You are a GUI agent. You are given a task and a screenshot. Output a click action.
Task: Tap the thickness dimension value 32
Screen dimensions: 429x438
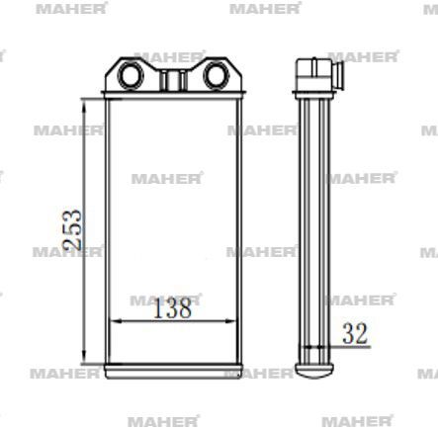point(355,334)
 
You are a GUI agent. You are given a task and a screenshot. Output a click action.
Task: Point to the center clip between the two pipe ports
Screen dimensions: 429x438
point(172,76)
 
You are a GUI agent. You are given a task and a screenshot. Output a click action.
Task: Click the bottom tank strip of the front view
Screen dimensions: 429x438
point(172,372)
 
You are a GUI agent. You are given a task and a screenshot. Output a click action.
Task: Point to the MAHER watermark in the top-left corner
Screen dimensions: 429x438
point(56,8)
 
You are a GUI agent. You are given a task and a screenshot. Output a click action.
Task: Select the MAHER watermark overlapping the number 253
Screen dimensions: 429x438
point(66,251)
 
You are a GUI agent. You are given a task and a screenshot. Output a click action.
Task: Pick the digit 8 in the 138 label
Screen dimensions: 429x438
point(184,308)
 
